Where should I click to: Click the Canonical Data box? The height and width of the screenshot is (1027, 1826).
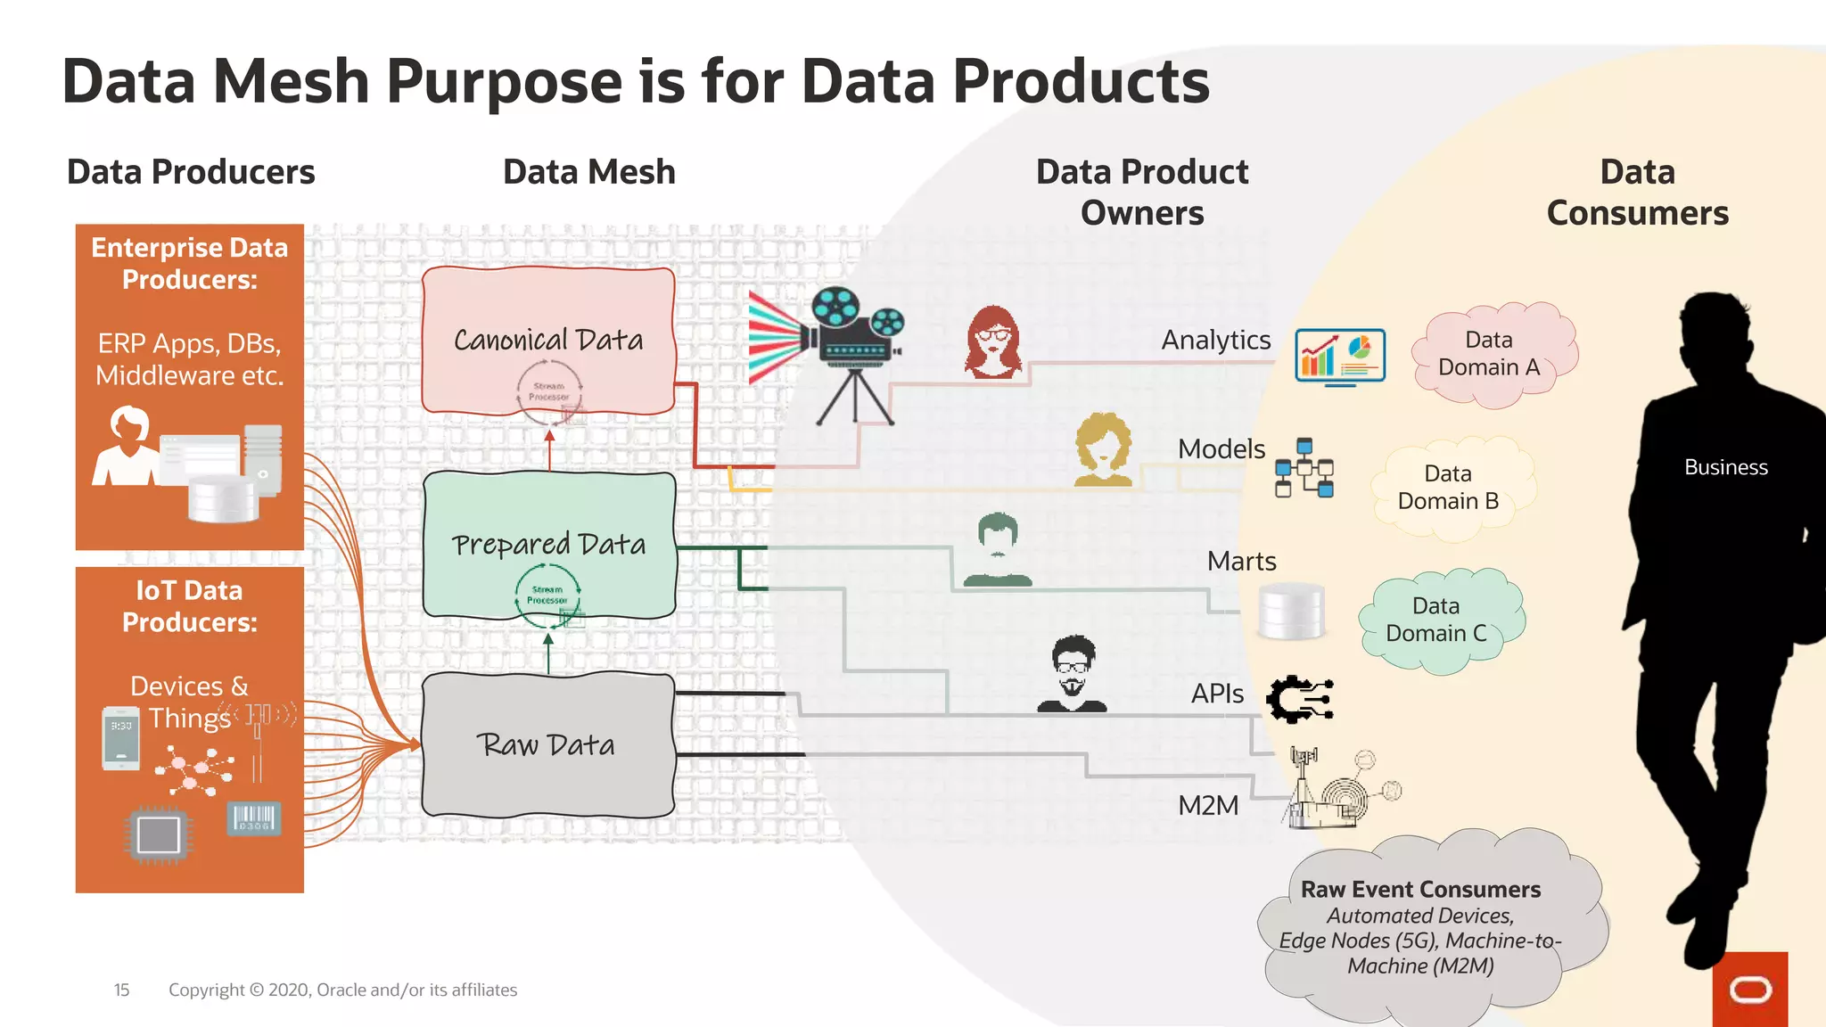coord(548,341)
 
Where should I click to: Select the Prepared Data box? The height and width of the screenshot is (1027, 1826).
coord(548,545)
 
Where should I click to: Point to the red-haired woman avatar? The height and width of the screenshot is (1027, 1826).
coord(992,342)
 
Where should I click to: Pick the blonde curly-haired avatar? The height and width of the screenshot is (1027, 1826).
coord(1103,449)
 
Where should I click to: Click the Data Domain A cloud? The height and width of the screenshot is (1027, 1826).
coord(1490,354)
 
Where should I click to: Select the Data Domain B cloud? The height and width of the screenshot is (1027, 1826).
coord(1449,488)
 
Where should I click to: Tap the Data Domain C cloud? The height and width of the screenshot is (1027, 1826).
coord(1436,620)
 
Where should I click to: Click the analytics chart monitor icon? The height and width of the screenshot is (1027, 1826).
coord(1340,356)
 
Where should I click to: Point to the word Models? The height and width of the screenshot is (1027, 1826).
coord(1221,449)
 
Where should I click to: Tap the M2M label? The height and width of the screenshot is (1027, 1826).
coord(1208,806)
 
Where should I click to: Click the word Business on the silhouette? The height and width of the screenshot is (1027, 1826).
coord(1725,468)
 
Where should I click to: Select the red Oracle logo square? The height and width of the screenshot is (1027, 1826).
coord(1749,989)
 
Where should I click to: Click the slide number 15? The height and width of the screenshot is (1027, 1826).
coord(121,990)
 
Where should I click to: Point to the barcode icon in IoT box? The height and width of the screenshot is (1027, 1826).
coord(254,818)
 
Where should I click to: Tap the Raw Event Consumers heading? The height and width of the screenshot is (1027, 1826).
coord(1420,890)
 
